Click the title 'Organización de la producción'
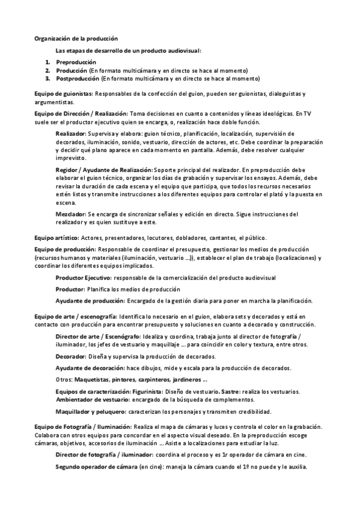coord(76,38)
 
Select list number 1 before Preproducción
coord(48,62)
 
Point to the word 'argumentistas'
coord(53,103)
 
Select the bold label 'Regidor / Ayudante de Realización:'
coord(104,170)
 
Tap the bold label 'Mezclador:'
coord(71,214)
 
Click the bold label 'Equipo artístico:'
coord(57,238)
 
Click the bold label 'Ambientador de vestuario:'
coord(93,399)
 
